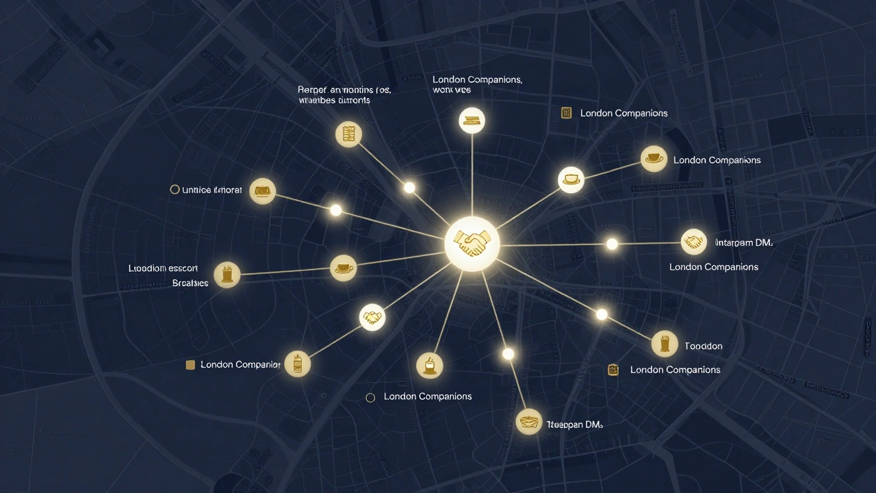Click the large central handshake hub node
coord(472,243)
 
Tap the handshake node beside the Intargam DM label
coord(694,242)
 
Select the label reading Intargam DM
coord(743,242)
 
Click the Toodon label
coord(704,346)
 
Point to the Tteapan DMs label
coord(574,425)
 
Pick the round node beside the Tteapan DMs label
coord(528,422)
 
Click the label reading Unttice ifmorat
coord(212,190)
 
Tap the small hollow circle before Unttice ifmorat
coord(175,190)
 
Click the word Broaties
coord(190,283)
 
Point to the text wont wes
coord(452,90)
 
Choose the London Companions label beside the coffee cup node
coord(717,160)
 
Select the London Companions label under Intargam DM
coord(713,266)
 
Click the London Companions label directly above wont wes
coord(477,79)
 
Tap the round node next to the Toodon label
coord(665,344)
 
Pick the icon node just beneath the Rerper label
coord(349,134)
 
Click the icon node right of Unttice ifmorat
coord(263,191)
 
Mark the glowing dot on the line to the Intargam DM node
coord(612,244)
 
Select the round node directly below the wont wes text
coord(472,121)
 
